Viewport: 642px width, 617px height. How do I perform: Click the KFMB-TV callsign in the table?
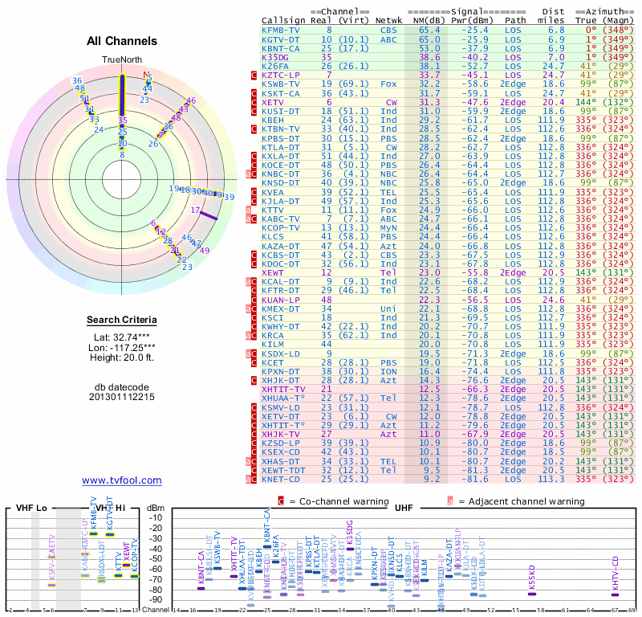[x=281, y=30]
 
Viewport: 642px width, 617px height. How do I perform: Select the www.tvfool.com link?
[x=121, y=480]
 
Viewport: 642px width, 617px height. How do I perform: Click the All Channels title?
[x=121, y=41]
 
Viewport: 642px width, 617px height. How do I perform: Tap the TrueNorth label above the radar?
[x=121, y=60]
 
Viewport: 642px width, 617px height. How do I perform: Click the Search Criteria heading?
[x=121, y=321]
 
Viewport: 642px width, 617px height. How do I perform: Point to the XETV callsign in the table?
[x=273, y=103]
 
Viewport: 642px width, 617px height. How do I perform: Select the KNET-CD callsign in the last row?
[x=281, y=479]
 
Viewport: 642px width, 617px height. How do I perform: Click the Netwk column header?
[x=389, y=20]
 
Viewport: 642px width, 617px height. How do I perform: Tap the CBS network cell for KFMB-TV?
[x=388, y=30]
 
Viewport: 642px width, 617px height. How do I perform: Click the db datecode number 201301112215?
[x=121, y=397]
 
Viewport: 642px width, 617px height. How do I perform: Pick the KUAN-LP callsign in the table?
[x=281, y=300]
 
